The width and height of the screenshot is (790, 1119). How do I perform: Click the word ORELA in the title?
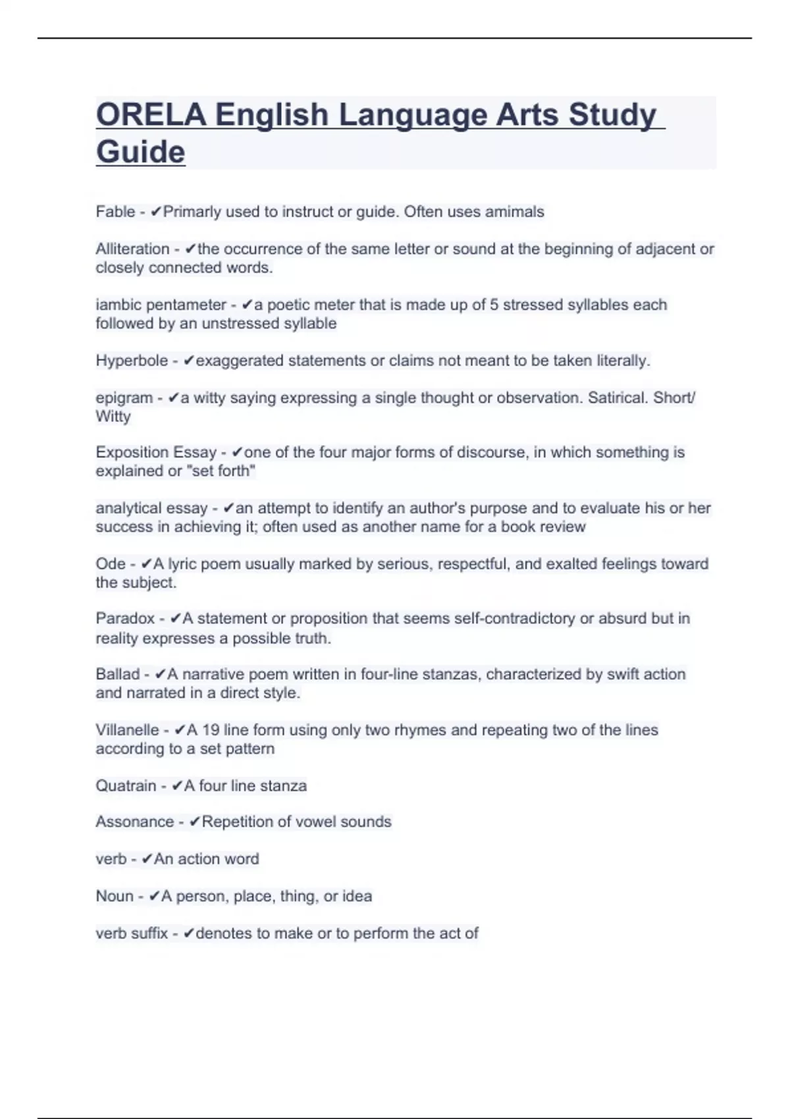(x=151, y=115)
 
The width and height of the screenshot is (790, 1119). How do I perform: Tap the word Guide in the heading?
(x=140, y=152)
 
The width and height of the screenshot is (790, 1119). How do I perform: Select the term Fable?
(x=115, y=212)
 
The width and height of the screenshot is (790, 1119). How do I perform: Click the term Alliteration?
(x=132, y=249)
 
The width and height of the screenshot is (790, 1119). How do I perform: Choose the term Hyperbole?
(x=132, y=361)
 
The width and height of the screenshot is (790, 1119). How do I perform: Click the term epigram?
(x=124, y=398)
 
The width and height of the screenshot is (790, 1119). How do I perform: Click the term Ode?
(x=110, y=564)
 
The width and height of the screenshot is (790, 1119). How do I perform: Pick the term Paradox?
(x=125, y=619)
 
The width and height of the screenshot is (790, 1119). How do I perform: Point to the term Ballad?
(x=117, y=674)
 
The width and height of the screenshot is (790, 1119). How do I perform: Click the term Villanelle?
(x=127, y=730)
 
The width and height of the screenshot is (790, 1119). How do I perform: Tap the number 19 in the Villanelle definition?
(x=211, y=730)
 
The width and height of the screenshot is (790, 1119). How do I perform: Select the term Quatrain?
(x=126, y=786)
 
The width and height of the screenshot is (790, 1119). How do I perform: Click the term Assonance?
(x=134, y=822)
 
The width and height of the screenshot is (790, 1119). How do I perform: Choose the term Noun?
(x=115, y=897)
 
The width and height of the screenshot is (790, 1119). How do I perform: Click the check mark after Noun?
(x=155, y=897)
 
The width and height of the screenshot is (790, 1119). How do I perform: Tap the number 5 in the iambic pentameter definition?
(x=494, y=305)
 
